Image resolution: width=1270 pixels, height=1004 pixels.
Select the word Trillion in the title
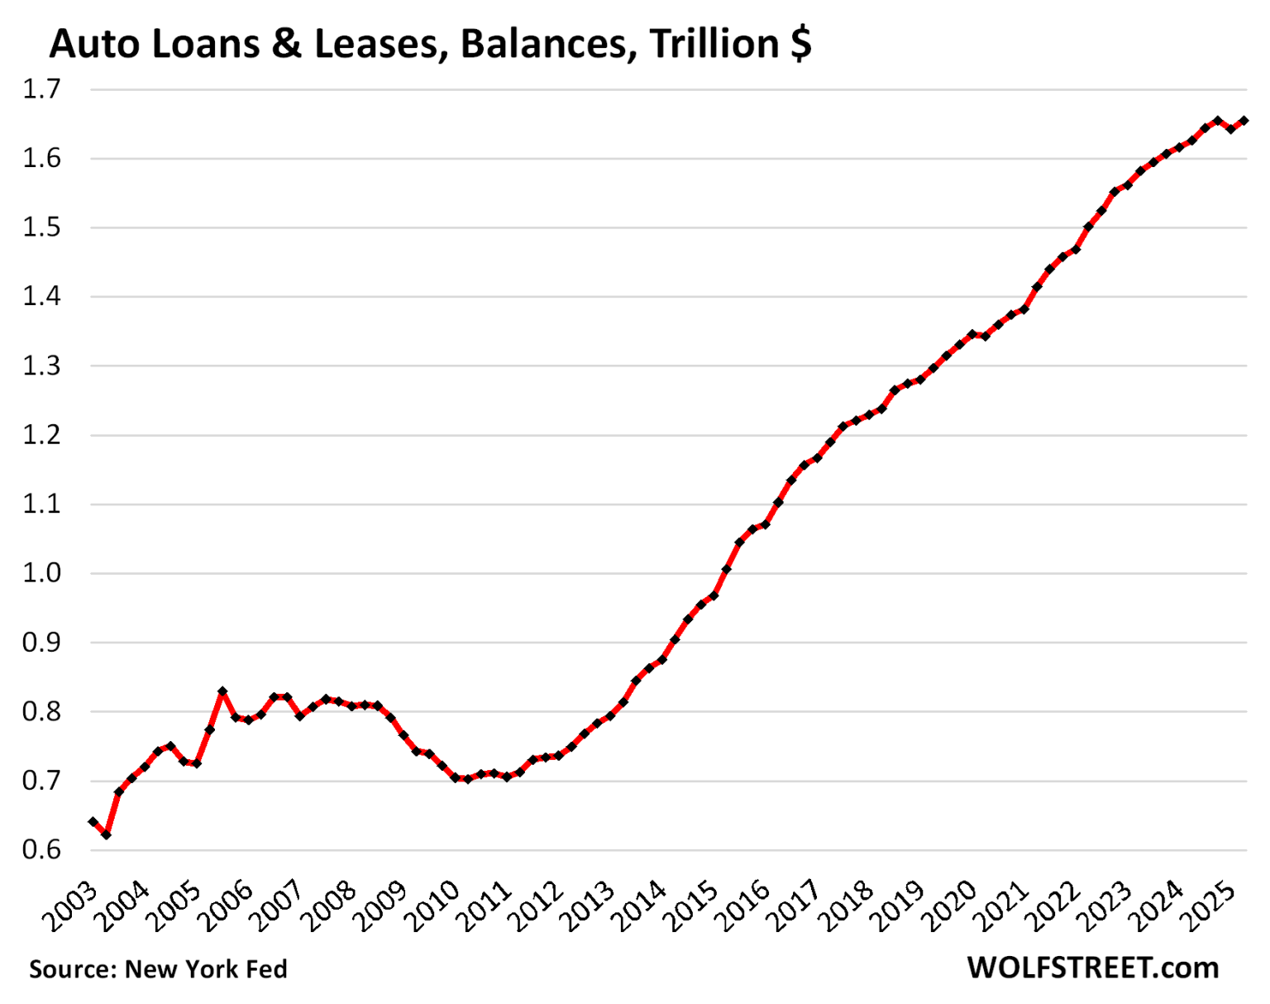(x=714, y=44)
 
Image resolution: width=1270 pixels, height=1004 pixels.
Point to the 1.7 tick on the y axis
(x=41, y=89)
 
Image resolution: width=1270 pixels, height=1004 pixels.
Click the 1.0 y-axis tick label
(x=41, y=573)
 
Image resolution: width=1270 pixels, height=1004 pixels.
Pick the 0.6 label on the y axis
(x=41, y=850)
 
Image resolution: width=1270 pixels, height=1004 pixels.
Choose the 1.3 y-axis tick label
(x=41, y=366)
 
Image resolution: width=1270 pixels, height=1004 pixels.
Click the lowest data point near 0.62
(x=106, y=834)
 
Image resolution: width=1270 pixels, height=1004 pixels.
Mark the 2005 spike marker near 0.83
(x=222, y=691)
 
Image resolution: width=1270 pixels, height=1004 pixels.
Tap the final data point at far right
(x=1244, y=121)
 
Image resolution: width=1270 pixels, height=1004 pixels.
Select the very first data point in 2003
(x=93, y=822)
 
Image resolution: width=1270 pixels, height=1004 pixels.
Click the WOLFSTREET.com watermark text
(x=1093, y=968)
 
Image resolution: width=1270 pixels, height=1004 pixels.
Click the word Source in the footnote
(x=72, y=969)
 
